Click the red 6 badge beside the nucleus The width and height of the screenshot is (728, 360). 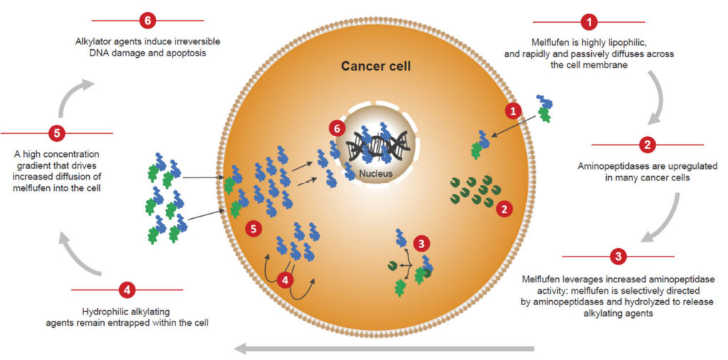(x=339, y=129)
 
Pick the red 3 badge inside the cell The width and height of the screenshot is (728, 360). (x=424, y=243)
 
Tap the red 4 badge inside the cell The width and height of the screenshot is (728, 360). (x=286, y=279)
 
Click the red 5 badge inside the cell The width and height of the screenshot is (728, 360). (x=252, y=228)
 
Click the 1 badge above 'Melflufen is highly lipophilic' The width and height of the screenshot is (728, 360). (x=589, y=21)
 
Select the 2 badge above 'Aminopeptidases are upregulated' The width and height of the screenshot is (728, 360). (x=647, y=145)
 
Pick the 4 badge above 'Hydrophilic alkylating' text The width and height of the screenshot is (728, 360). (x=127, y=290)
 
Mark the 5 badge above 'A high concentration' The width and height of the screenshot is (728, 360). (x=57, y=133)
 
